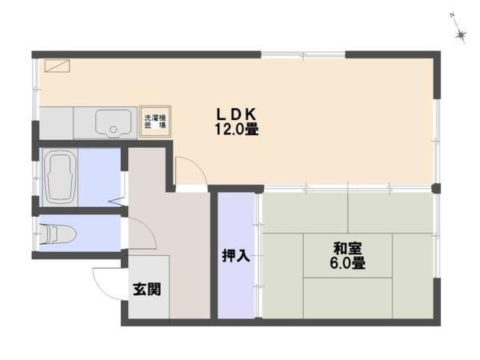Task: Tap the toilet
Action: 58,234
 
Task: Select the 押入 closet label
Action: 236,257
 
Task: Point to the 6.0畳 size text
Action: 346,262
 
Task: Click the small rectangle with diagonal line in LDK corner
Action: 57,67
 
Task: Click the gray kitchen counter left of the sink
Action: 57,123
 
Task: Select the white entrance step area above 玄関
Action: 147,268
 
